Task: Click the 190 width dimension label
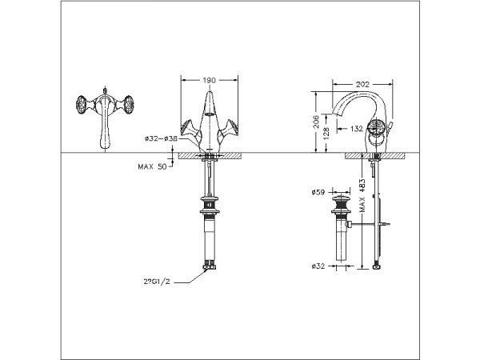pyautogui.click(x=210, y=81)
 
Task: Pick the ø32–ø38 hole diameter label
pyautogui.click(x=162, y=138)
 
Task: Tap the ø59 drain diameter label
pyautogui.click(x=318, y=192)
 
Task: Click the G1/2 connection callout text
pyautogui.click(x=157, y=282)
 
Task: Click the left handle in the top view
pyautogui.click(x=82, y=106)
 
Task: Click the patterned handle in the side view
pyautogui.click(x=382, y=130)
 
